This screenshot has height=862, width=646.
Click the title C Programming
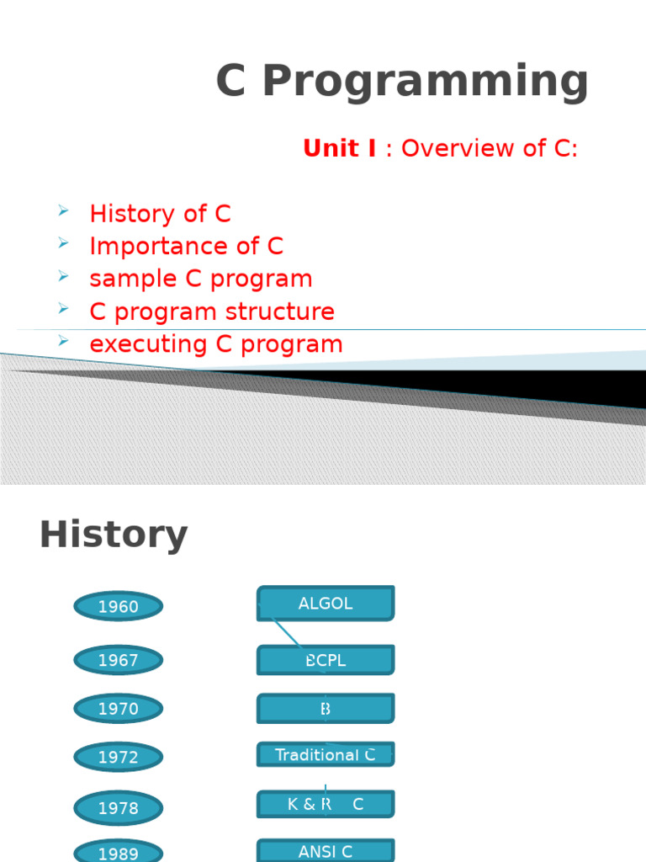coord(402,82)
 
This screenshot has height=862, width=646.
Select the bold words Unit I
coord(340,148)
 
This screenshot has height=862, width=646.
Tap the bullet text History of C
coord(160,214)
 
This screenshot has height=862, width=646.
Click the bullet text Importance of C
coord(186,247)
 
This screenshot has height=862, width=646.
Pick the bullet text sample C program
coord(201,279)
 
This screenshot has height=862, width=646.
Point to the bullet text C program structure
coord(212,311)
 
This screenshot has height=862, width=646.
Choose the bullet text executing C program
coord(216,344)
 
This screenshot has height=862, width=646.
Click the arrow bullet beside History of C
coord(62,211)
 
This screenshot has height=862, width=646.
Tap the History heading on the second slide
coord(114,535)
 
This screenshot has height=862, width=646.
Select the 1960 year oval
coord(118,607)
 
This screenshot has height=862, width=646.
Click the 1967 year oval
coord(118,661)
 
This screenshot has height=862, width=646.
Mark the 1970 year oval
coord(118,709)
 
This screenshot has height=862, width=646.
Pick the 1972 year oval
coord(118,758)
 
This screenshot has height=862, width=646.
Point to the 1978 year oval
coord(118,808)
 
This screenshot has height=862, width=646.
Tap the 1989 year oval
coord(118,852)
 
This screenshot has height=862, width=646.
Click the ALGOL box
coord(326,604)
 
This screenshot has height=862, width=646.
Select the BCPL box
coord(326,661)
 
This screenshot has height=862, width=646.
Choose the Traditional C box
coord(326,755)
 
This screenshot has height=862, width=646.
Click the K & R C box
coord(326,804)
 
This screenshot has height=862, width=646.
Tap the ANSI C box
coord(326,851)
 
